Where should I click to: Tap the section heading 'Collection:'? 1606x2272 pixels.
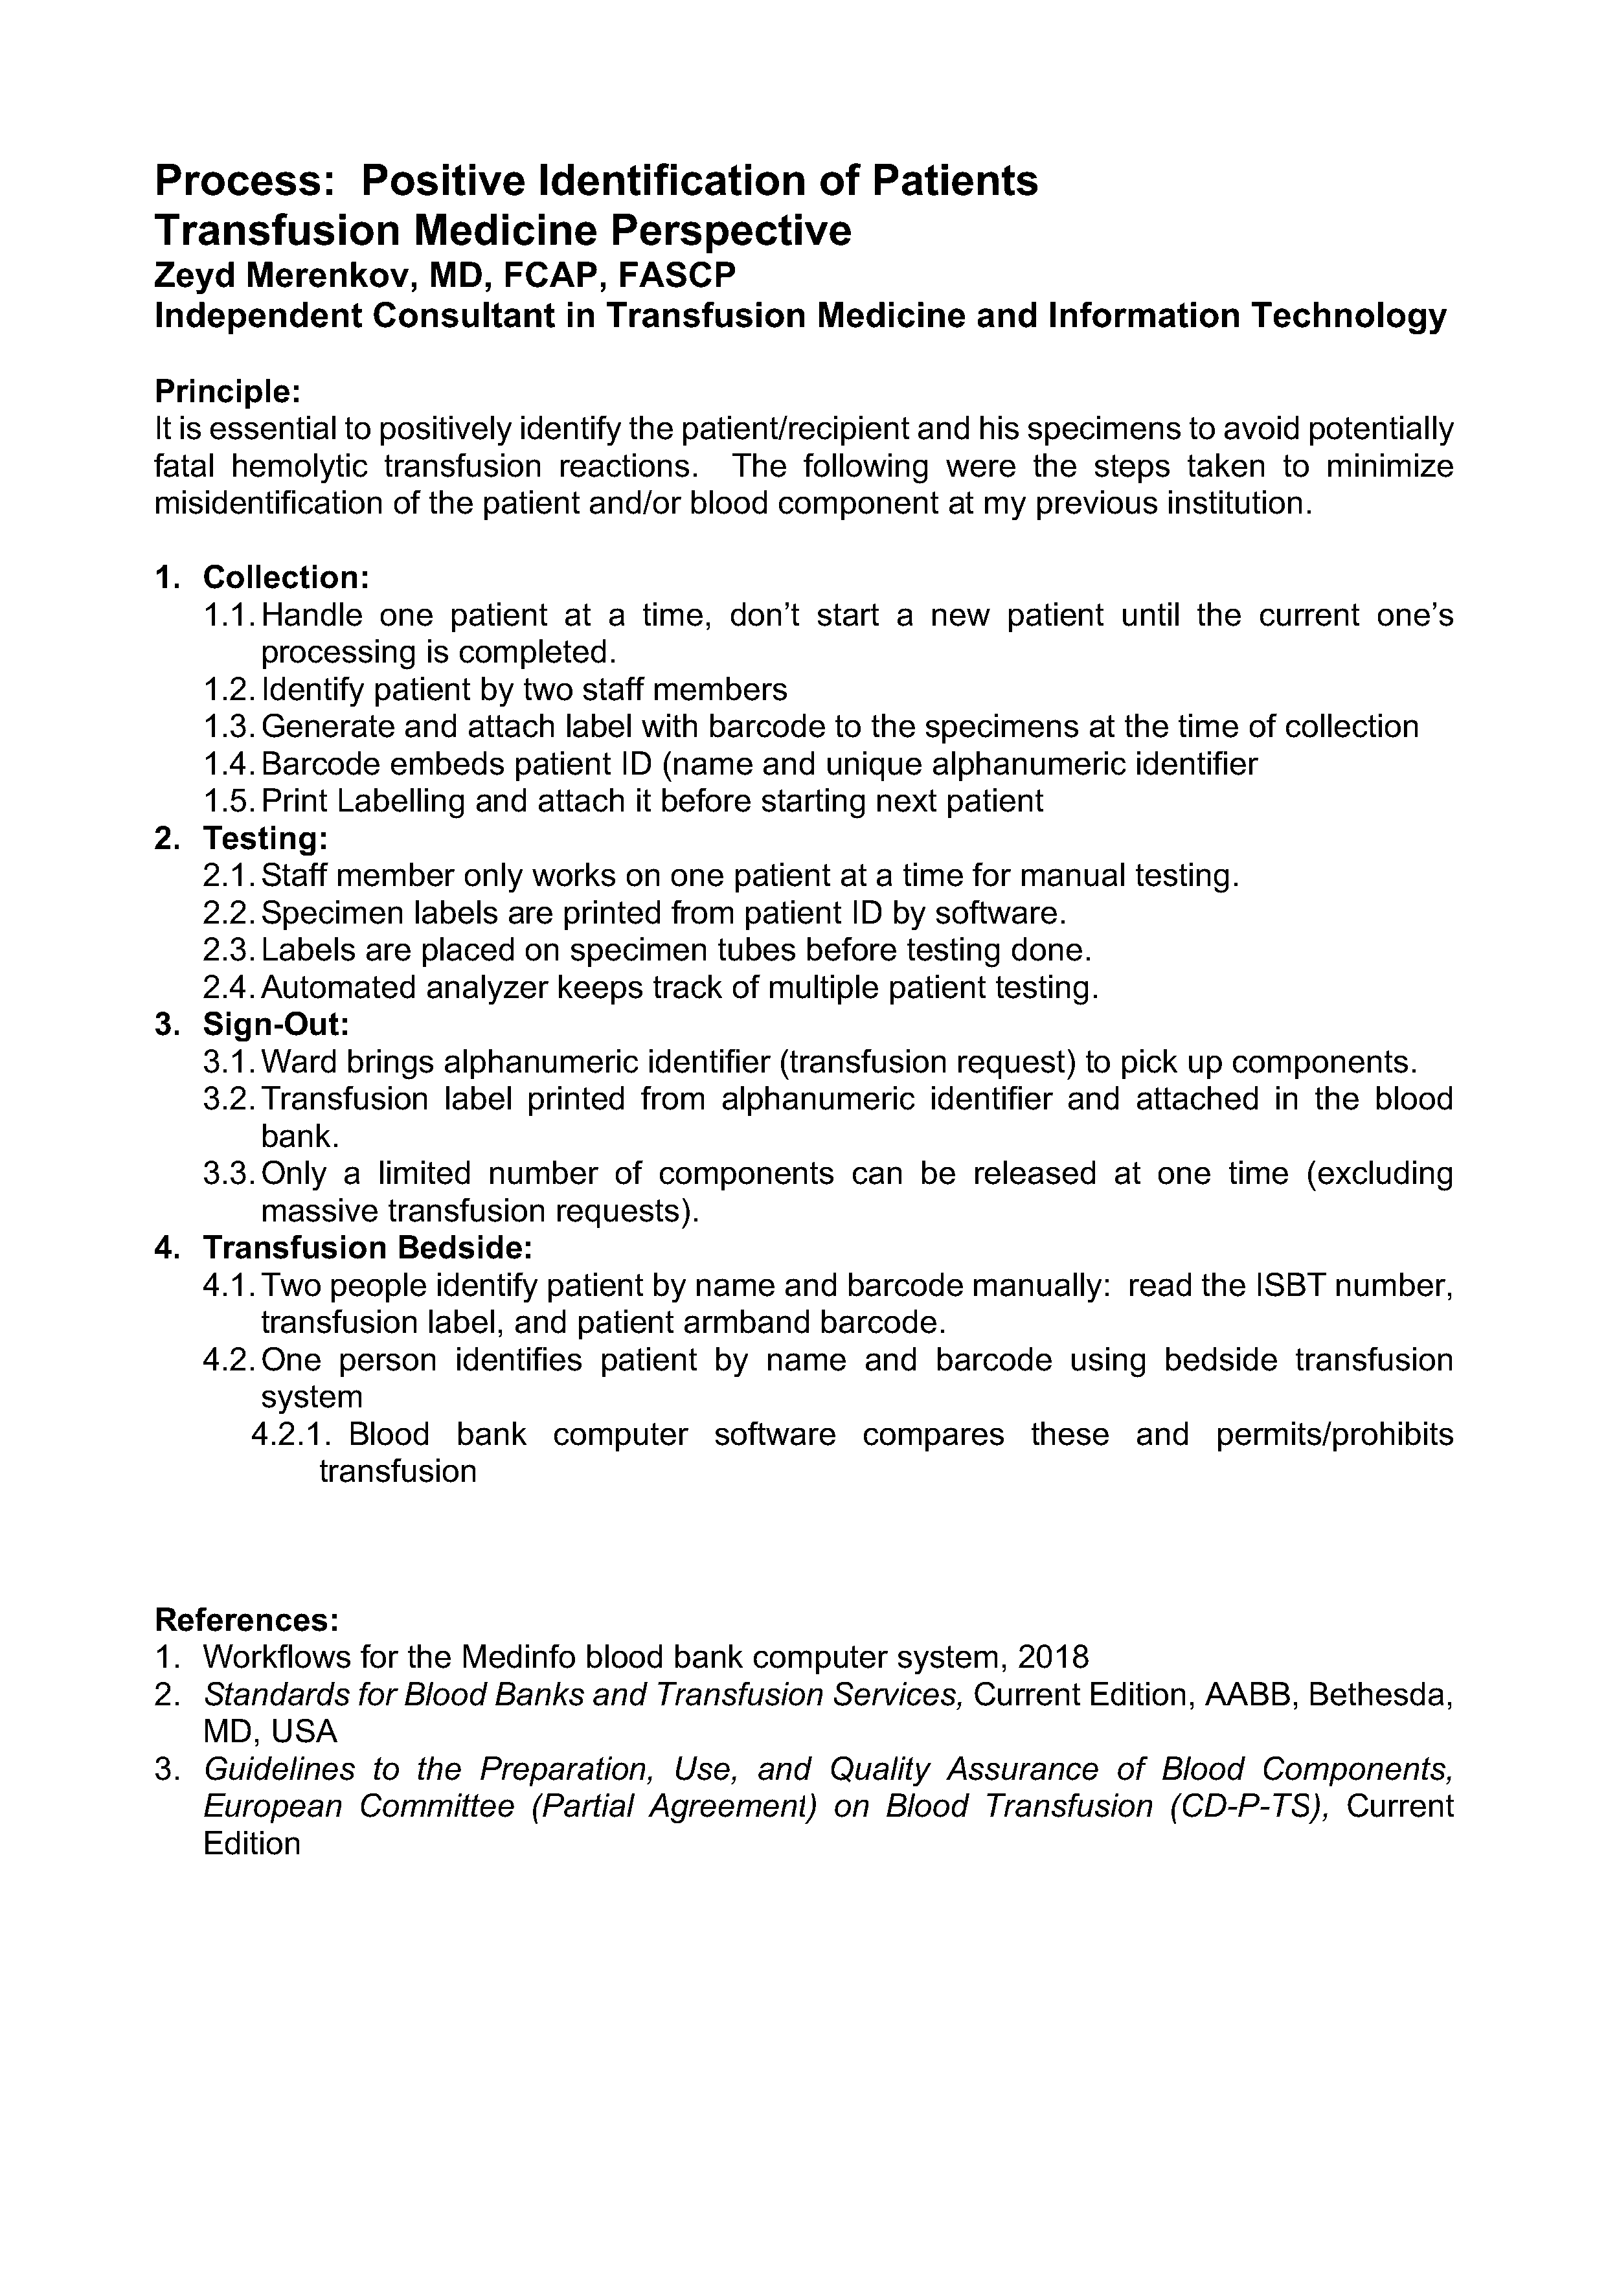286,578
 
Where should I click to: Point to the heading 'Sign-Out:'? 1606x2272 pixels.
276,1024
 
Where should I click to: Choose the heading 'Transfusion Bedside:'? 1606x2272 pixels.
368,1248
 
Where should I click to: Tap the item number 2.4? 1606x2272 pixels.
230,988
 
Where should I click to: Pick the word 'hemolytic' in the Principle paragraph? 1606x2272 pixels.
303,467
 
